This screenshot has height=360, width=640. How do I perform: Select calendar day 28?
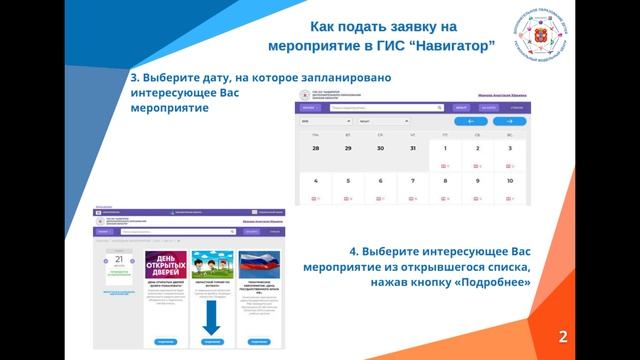coord(315,148)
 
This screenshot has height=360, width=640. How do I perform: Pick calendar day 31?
coord(412,148)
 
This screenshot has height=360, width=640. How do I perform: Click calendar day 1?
coord(445,148)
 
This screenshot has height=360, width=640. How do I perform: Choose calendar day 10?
coord(510,181)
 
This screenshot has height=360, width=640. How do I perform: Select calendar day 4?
coord(315,181)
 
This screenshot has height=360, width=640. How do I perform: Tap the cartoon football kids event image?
coord(211,264)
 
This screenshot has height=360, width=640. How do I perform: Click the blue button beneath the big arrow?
coord(211,341)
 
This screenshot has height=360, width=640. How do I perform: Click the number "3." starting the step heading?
coord(136,77)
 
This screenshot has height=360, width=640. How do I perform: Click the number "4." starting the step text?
coord(354,250)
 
